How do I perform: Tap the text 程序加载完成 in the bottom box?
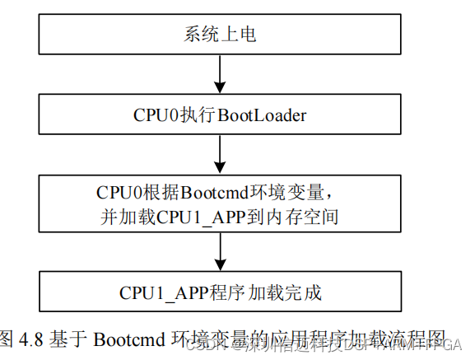pyautogui.click(x=272, y=292)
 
